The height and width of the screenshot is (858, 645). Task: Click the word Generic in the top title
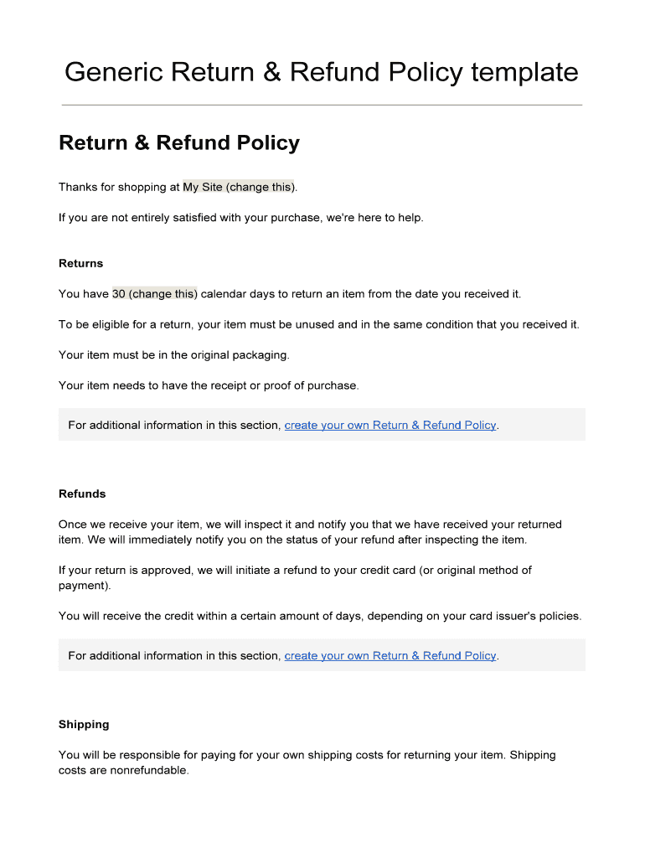pos(113,73)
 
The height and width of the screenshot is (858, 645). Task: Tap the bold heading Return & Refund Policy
pos(178,143)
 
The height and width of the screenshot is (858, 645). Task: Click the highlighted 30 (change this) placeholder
pos(155,294)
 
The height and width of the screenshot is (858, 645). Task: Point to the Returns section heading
pos(80,263)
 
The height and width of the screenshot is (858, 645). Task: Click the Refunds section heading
pos(82,494)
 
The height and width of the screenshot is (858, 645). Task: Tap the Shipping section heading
pos(84,724)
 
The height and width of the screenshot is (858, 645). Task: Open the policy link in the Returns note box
pos(390,425)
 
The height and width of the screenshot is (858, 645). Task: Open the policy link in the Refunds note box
pos(390,655)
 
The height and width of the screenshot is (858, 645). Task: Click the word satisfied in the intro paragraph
pos(188,218)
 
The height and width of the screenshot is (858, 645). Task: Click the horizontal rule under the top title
pos(322,105)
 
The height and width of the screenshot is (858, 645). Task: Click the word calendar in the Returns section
pos(226,294)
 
